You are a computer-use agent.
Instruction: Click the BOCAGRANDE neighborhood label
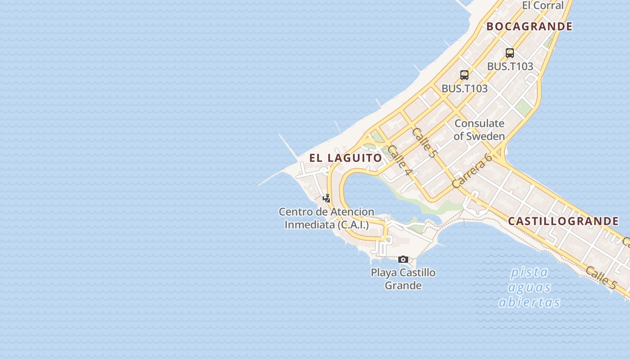click(529, 27)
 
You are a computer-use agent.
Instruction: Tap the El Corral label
click(543, 5)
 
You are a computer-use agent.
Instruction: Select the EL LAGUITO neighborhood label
click(346, 158)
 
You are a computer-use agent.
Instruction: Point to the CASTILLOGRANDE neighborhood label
click(563, 221)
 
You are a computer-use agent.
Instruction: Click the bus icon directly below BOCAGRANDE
click(510, 53)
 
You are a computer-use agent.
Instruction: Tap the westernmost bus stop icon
click(464, 75)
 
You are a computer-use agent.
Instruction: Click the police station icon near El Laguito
click(327, 198)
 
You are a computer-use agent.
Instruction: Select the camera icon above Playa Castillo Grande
click(403, 259)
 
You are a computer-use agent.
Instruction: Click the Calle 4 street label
click(400, 161)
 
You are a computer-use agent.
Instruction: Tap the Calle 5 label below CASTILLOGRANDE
click(601, 278)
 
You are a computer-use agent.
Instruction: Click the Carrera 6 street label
click(472, 171)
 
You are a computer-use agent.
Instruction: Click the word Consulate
click(479, 123)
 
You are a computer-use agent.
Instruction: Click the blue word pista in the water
click(529, 273)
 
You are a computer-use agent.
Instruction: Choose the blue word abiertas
click(529, 302)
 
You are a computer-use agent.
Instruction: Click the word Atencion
click(352, 211)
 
